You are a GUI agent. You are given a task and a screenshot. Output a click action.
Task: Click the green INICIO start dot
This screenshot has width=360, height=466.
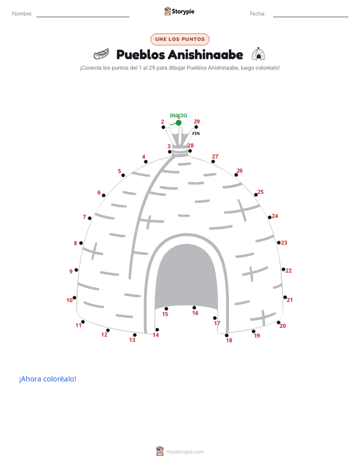178,123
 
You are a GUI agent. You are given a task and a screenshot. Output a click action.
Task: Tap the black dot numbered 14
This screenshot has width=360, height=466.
157,330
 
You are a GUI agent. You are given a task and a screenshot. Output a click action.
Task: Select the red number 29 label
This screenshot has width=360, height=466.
197,122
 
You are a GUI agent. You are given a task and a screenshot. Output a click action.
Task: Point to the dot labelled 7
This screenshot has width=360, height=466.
90,218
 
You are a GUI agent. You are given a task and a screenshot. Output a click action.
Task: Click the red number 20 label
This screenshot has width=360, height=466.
282,326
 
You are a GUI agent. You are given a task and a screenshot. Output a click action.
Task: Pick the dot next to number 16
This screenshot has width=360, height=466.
194,308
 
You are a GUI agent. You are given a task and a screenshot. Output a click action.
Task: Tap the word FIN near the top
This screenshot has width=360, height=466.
196,134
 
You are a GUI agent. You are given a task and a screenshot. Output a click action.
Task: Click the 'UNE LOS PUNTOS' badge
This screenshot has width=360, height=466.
180,39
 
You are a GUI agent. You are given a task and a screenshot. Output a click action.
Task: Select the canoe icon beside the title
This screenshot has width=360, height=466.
101,54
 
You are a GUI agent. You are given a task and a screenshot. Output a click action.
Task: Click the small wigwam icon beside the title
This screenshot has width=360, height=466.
259,54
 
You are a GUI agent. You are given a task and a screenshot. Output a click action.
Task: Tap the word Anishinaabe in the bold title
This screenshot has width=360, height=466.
206,54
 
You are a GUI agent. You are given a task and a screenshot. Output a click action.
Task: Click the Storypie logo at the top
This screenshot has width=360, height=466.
179,11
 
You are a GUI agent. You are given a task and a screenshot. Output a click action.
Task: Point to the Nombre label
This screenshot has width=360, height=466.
22,14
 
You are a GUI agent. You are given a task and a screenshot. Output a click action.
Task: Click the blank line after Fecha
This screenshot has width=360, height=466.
311,17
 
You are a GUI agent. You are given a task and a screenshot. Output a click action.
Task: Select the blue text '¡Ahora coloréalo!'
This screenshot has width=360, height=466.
47,379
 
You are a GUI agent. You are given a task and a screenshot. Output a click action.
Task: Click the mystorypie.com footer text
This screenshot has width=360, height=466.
185,452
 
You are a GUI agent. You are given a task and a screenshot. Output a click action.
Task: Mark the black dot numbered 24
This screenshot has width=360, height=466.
270,217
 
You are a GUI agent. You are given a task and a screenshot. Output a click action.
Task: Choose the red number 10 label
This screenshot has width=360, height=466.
70,301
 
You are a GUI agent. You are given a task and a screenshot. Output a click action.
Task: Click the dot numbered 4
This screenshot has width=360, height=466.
146,162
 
